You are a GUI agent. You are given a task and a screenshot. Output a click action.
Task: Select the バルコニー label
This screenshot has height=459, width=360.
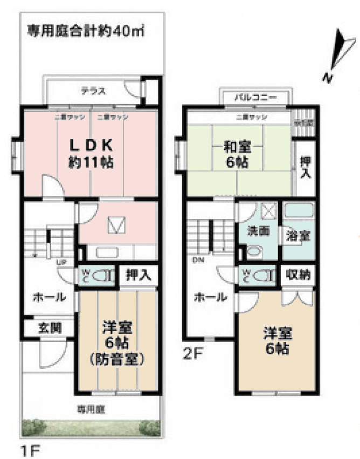pyautogui.click(x=255, y=98)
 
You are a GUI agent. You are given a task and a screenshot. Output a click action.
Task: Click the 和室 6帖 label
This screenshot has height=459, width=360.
pyautogui.click(x=238, y=154)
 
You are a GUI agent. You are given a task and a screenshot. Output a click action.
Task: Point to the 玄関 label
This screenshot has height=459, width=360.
pyautogui.click(x=49, y=327)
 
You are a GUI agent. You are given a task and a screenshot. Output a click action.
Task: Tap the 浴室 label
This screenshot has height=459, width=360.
pyautogui.click(x=297, y=236)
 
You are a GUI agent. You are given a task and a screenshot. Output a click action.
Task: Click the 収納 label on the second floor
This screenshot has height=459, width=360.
pyautogui.click(x=298, y=275)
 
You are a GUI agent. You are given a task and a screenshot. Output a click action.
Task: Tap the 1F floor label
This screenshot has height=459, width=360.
pyautogui.click(x=30, y=449)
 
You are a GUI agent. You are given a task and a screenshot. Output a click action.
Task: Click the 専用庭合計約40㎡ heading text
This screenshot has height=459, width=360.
pyautogui.click(x=86, y=30)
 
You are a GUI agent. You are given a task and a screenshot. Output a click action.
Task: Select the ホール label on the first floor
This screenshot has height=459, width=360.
pyautogui.click(x=50, y=297)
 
